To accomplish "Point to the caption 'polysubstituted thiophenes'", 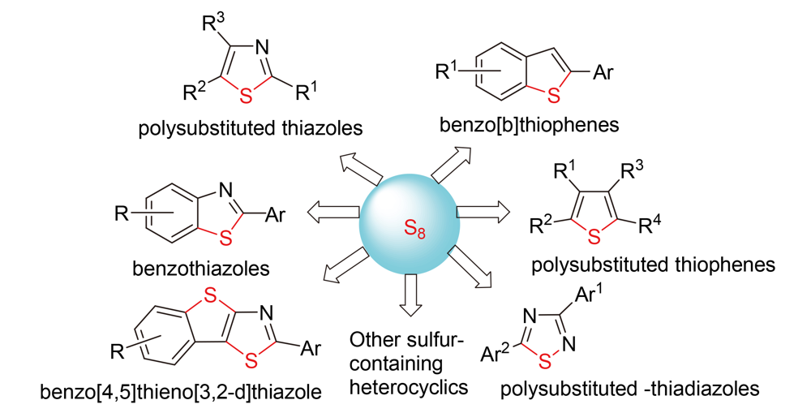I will [652, 265].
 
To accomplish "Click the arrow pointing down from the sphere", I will [410, 295].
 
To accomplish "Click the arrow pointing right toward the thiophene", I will [484, 213].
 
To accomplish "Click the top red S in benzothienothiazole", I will [209, 297].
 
